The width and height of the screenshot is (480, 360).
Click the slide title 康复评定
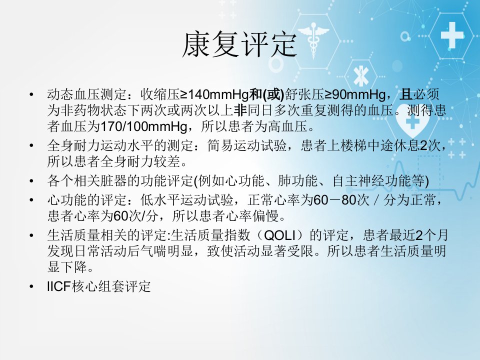click(x=239, y=44)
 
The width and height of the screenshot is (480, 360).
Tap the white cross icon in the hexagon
click(x=452, y=35)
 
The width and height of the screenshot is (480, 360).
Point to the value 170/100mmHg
click(x=144, y=126)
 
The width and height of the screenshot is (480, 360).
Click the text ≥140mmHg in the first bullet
click(x=214, y=94)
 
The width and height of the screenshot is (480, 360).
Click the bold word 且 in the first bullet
click(x=405, y=94)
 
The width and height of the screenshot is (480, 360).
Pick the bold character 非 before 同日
click(x=240, y=110)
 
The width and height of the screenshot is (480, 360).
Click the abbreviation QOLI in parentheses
click(x=279, y=235)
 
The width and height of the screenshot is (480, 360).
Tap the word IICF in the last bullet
click(x=59, y=286)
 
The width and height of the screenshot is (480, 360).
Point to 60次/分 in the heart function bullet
click(x=135, y=216)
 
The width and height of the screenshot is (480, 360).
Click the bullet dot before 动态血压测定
click(x=31, y=94)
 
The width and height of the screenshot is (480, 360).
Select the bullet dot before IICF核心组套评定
click(x=31, y=286)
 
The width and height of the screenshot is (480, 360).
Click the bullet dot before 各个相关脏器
click(x=31, y=181)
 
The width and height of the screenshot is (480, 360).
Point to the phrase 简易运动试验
click(x=246, y=145)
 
